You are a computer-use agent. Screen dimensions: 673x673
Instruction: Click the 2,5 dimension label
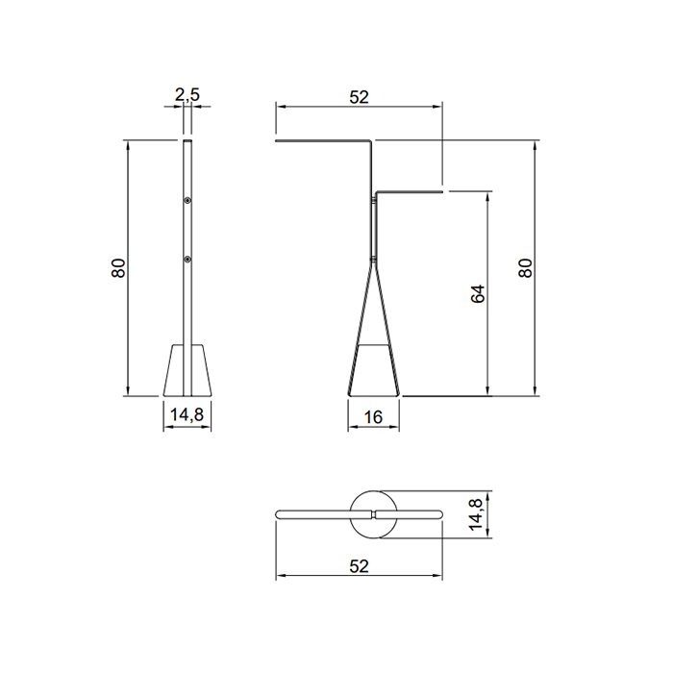click(187, 94)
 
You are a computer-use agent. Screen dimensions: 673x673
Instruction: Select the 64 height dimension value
click(478, 293)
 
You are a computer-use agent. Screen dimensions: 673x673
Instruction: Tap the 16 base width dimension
click(373, 416)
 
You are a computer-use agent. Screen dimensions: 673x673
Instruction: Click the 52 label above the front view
click(359, 97)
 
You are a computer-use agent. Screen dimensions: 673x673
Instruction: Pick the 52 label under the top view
click(359, 566)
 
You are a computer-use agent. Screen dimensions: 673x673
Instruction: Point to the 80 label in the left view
click(118, 268)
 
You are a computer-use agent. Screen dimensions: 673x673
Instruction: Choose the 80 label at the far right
click(525, 268)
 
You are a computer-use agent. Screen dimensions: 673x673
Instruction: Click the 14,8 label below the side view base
click(187, 415)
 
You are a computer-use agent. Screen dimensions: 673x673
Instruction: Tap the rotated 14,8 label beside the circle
click(476, 513)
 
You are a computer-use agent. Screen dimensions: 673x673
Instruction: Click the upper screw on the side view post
click(187, 200)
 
